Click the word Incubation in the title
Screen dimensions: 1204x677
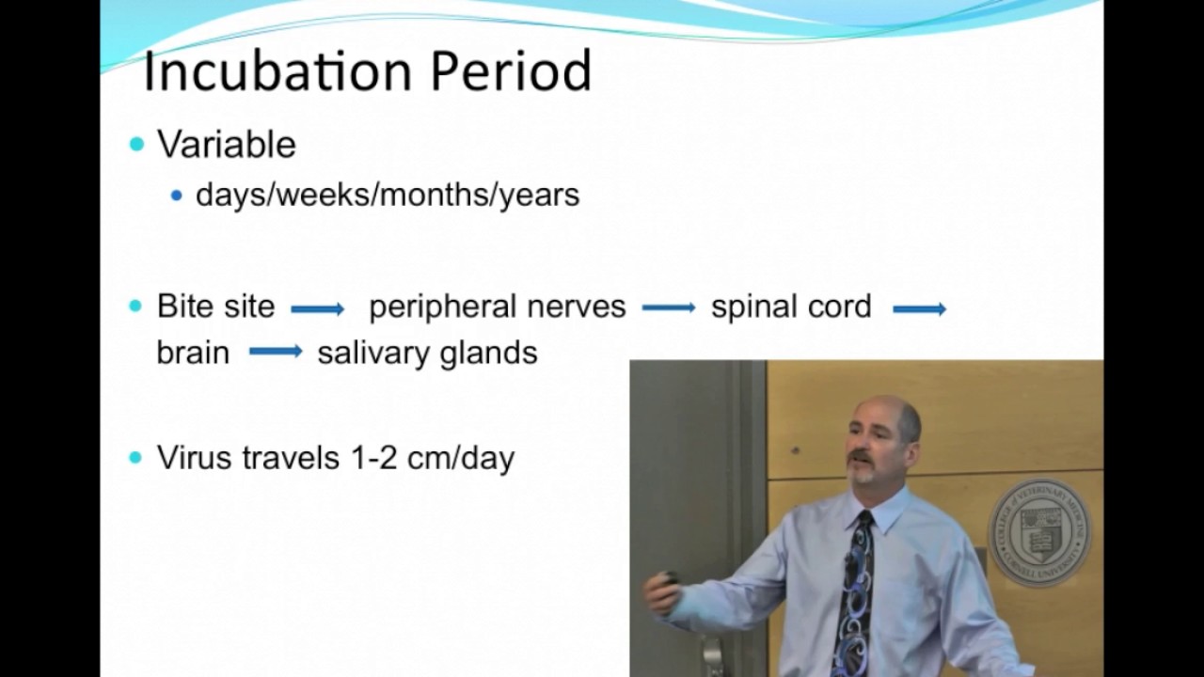277,71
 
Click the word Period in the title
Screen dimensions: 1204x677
511,71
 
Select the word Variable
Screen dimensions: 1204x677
227,144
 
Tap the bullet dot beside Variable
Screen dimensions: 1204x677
137,144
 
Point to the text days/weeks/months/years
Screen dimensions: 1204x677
388,195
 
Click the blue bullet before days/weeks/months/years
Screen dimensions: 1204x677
176,195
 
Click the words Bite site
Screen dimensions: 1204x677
215,306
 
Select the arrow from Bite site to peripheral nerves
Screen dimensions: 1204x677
318,309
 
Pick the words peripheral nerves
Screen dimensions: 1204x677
498,307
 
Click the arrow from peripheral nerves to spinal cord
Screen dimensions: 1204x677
669,308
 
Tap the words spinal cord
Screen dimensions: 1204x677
791,307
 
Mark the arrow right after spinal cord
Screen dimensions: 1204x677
920,309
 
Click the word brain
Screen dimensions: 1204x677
193,353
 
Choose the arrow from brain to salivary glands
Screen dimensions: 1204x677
276,352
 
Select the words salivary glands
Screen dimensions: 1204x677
427,354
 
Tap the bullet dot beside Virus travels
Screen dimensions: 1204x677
136,458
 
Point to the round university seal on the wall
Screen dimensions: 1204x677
1038,532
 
